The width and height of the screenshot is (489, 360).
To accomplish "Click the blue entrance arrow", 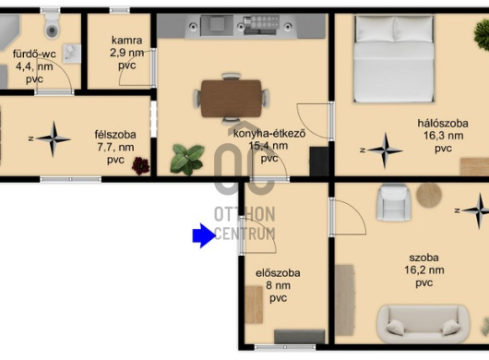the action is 204,235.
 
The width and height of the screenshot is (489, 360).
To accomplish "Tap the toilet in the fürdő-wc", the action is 52,26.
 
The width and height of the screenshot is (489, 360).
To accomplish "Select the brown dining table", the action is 231,98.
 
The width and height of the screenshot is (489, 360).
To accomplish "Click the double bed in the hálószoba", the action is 394,59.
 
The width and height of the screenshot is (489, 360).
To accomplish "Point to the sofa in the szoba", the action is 423,323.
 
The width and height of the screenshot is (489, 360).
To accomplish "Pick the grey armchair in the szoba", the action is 393,203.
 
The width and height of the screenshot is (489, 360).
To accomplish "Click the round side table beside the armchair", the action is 429,195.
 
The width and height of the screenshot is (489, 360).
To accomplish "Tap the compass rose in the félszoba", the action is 54,139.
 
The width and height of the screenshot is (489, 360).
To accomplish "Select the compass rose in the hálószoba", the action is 386,150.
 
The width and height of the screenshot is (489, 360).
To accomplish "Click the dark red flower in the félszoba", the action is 140,165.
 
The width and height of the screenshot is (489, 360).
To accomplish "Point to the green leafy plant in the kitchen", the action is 187,159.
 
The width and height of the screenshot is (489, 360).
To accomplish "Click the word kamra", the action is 127,41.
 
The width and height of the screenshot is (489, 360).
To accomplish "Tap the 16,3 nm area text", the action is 443,136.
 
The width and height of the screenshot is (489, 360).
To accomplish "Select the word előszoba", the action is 278,273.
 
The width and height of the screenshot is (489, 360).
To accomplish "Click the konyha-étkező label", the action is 269,134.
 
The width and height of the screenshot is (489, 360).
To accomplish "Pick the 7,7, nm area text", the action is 115,148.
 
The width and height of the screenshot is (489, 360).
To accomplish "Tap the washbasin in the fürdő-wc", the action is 72,54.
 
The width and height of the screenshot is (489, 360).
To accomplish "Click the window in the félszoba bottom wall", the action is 70,179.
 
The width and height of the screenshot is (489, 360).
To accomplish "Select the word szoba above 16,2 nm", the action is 423,258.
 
